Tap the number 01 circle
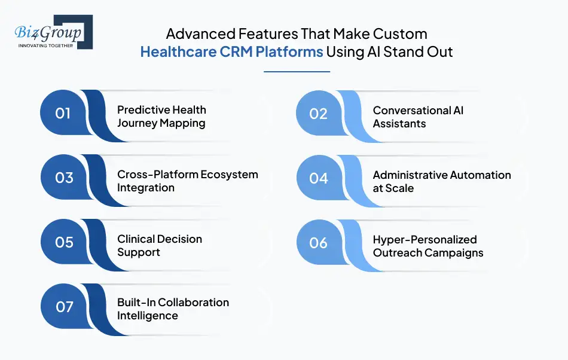click(x=63, y=114)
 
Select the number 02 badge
click(x=319, y=114)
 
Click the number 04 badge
click(x=319, y=178)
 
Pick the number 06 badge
click(x=319, y=243)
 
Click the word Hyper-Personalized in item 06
click(x=425, y=240)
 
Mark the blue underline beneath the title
click(x=297, y=72)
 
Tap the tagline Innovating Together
click(x=46, y=45)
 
